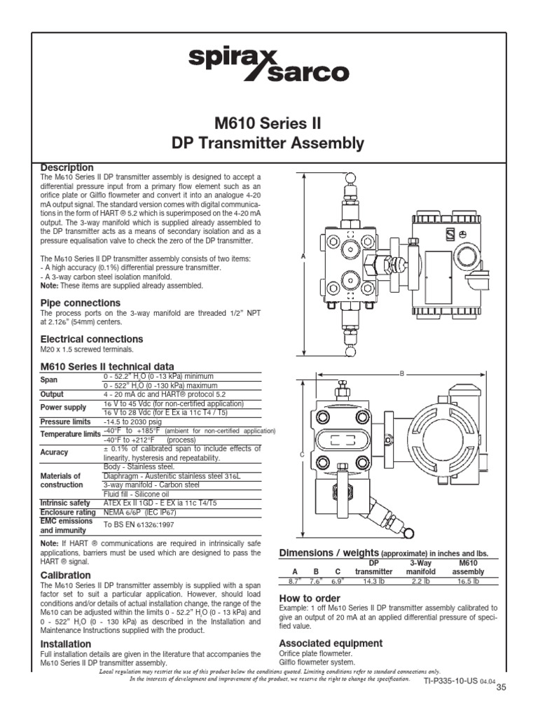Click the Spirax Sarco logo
(268, 65)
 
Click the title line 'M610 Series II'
(268, 123)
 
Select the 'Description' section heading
(67, 167)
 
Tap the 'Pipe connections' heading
(80, 302)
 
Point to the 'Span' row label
(49, 380)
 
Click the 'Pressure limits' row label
(65, 422)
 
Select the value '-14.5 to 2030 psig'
(132, 422)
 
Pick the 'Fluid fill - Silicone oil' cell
(136, 494)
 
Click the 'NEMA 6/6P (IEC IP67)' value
(139, 512)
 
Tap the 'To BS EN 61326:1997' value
(139, 524)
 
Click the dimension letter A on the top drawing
(303, 256)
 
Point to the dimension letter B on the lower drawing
(402, 374)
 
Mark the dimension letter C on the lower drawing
(302, 455)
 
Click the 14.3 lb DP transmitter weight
(373, 581)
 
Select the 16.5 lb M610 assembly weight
(468, 581)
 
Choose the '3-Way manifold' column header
(421, 567)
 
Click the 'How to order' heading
(310, 598)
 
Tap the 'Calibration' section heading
(65, 576)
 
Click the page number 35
(501, 688)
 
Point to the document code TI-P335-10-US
(451, 681)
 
